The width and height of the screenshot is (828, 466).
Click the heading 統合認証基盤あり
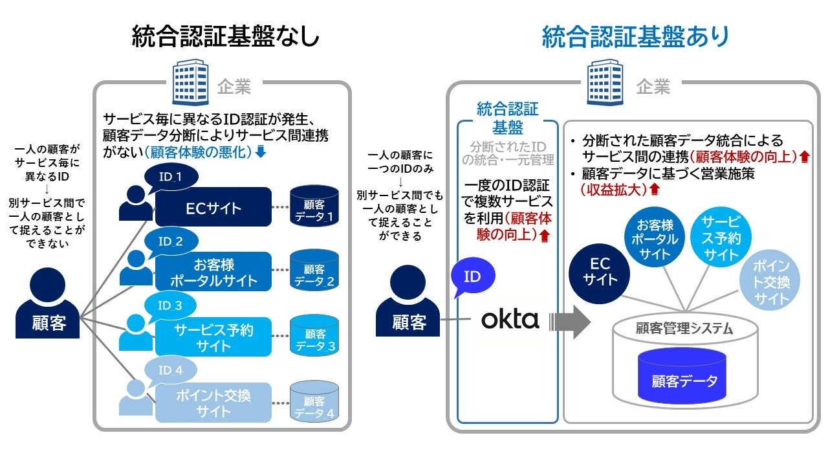pos(635,37)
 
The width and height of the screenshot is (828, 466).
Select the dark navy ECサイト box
pos(213,207)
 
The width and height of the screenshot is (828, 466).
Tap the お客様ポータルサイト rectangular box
pos(213,273)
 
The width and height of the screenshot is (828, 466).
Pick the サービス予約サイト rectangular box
pos(213,337)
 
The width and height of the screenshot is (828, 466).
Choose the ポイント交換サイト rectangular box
pos(213,403)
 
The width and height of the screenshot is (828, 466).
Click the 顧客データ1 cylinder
pos(314,206)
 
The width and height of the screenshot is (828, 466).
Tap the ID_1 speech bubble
pos(170,177)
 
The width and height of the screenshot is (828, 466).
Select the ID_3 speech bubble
pos(170,305)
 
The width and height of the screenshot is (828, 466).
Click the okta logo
pos(510,319)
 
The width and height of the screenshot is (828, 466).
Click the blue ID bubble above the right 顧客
pos(472,278)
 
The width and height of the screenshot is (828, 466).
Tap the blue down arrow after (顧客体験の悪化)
pos(261,152)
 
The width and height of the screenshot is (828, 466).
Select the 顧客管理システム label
pos(684,329)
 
